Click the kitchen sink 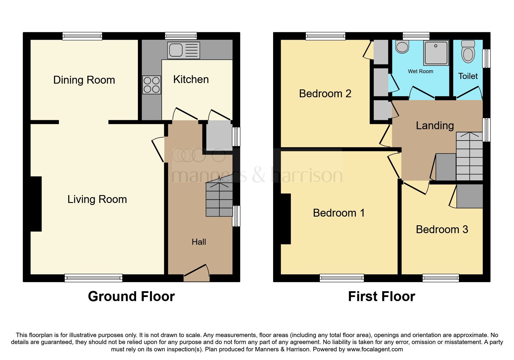click(183, 50)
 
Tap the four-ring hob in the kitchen click(152, 85)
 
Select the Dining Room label click(84, 80)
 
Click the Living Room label click(97, 199)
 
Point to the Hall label click(199, 242)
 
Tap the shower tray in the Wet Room click(436, 53)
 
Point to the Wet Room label click(420, 71)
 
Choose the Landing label click(434, 126)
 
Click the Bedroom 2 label click(325, 94)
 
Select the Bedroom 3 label click(442, 230)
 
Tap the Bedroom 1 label click(338, 213)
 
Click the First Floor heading click(381, 297)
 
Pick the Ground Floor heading click(131, 297)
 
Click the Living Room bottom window click(93, 278)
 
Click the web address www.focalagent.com click(375, 349)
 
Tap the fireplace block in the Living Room click(36, 204)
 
